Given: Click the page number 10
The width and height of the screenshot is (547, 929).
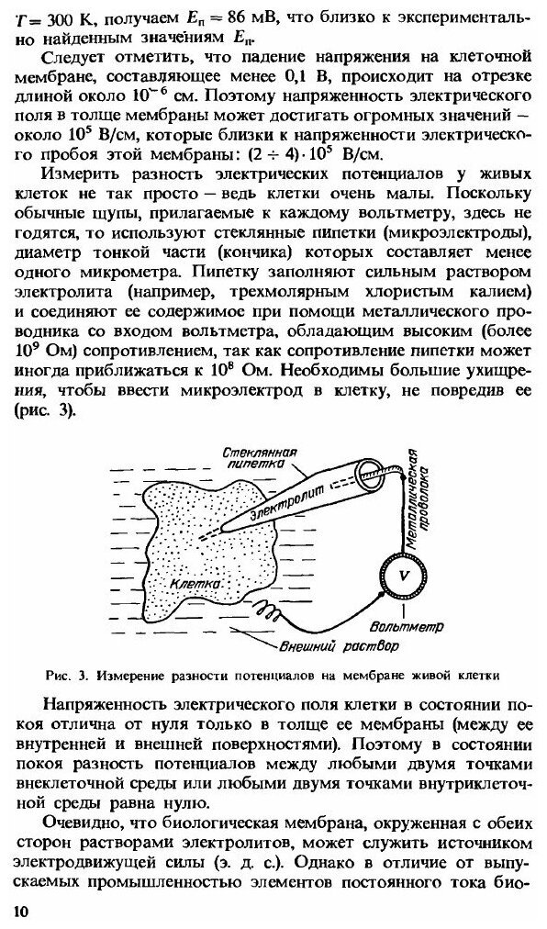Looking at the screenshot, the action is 20,910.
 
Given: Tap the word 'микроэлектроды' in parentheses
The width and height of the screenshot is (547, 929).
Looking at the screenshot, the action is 463,252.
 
